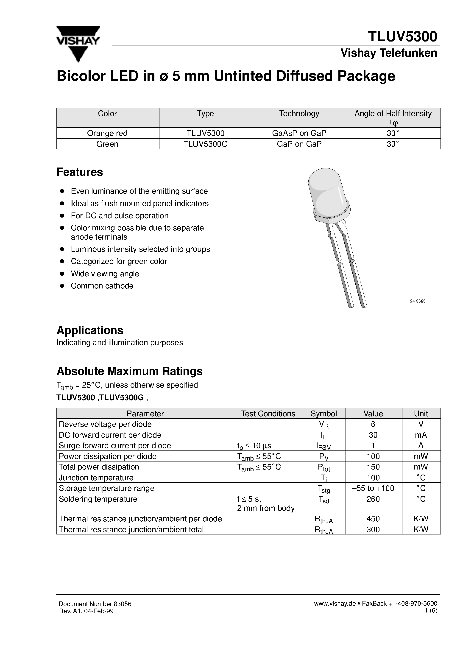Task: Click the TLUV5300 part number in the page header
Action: coord(402,36)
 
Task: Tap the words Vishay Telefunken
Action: coord(389,53)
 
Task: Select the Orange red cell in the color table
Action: coord(107,133)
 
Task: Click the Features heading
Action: coord(79,172)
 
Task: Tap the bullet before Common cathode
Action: coord(62,286)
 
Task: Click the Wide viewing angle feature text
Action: coord(105,274)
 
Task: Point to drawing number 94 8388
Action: coord(418,301)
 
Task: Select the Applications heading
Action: coord(90,330)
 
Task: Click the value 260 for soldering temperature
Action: coord(373,499)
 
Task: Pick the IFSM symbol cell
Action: coord(323,446)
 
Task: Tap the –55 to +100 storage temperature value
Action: coord(373,488)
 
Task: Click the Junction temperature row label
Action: coord(96,478)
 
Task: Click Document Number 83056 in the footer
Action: coord(95,604)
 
